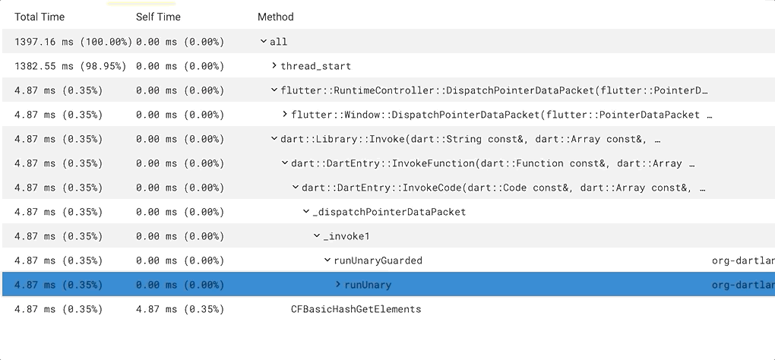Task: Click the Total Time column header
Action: coord(40,17)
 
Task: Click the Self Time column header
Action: coord(158,17)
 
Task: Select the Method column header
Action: coord(275,17)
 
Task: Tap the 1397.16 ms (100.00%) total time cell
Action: coord(73,42)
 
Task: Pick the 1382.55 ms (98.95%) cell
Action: coord(70,66)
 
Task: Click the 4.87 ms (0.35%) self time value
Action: coord(180,309)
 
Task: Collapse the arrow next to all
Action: coord(263,42)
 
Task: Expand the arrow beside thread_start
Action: coord(274,66)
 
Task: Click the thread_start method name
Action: coord(315,66)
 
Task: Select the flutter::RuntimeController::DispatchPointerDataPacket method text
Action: coord(494,90)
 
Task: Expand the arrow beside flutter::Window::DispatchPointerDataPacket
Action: coord(285,115)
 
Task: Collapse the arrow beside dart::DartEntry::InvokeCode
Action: coord(296,188)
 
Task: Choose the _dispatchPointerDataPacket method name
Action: coord(389,212)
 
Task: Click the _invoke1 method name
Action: coord(346,236)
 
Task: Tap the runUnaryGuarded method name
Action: coord(378,261)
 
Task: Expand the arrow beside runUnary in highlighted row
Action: coord(338,285)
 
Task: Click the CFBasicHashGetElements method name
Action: coord(356,309)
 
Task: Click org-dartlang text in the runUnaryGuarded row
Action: coord(742,261)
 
